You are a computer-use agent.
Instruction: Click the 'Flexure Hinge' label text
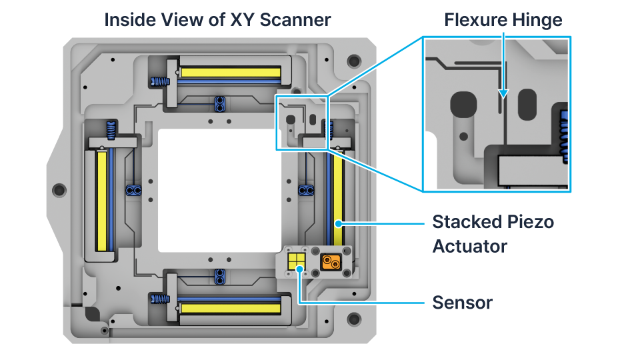503,19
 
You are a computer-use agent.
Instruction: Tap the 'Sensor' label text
462,302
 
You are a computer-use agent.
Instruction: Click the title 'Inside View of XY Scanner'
217,19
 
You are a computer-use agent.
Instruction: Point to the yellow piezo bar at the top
231,71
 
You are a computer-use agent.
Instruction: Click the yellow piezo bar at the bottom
231,308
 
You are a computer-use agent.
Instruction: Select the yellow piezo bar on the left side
102,201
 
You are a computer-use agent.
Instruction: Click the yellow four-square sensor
296,261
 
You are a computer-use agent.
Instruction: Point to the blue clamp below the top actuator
219,103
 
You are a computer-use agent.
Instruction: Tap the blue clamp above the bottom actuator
219,275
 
